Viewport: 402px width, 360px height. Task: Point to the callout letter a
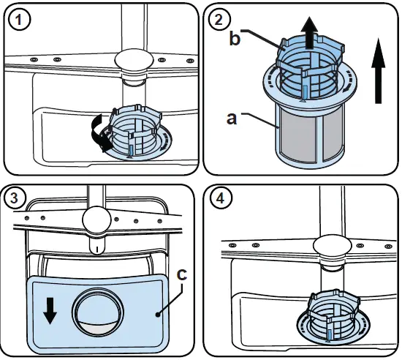pyautogui.click(x=231, y=118)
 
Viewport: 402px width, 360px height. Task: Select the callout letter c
pyautogui.click(x=183, y=274)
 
